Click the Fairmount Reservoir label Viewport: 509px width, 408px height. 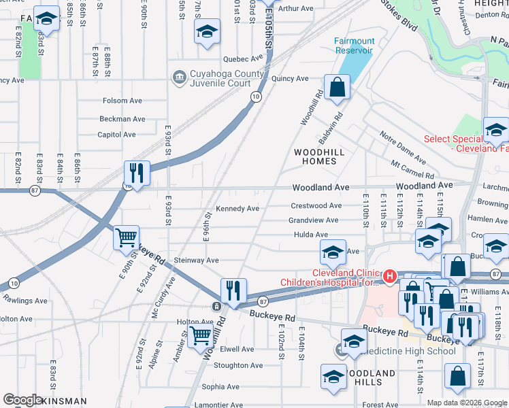pyautogui.click(x=353, y=46)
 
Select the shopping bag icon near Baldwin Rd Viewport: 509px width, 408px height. pyautogui.click(x=337, y=88)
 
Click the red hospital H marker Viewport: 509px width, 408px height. pyautogui.click(x=389, y=276)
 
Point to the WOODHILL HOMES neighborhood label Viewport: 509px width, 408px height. pyautogui.click(x=314, y=156)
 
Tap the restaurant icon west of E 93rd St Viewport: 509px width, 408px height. pyautogui.click(x=137, y=174)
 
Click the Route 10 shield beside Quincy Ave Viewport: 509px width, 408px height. pyautogui.click(x=254, y=97)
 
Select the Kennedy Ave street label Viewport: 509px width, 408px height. pyautogui.click(x=237, y=209)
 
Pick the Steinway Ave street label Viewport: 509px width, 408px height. pyautogui.click(x=197, y=260)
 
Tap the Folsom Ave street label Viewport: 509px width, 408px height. pyautogui.click(x=122, y=101)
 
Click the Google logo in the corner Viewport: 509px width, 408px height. pyautogui.click(x=22, y=400)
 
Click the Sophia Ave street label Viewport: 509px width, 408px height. pyautogui.click(x=220, y=387)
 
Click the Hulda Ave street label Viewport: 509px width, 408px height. pyautogui.click(x=312, y=235)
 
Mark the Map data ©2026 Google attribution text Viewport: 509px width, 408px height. pyautogui.click(x=466, y=403)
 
